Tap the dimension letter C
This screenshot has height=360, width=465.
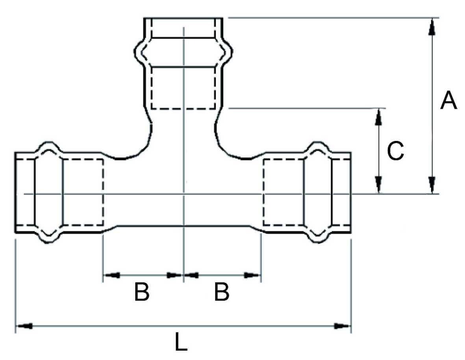point(395,151)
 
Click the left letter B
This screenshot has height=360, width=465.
point(142,292)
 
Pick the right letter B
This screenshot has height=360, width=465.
point(222,292)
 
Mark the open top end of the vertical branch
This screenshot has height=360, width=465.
point(183,19)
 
